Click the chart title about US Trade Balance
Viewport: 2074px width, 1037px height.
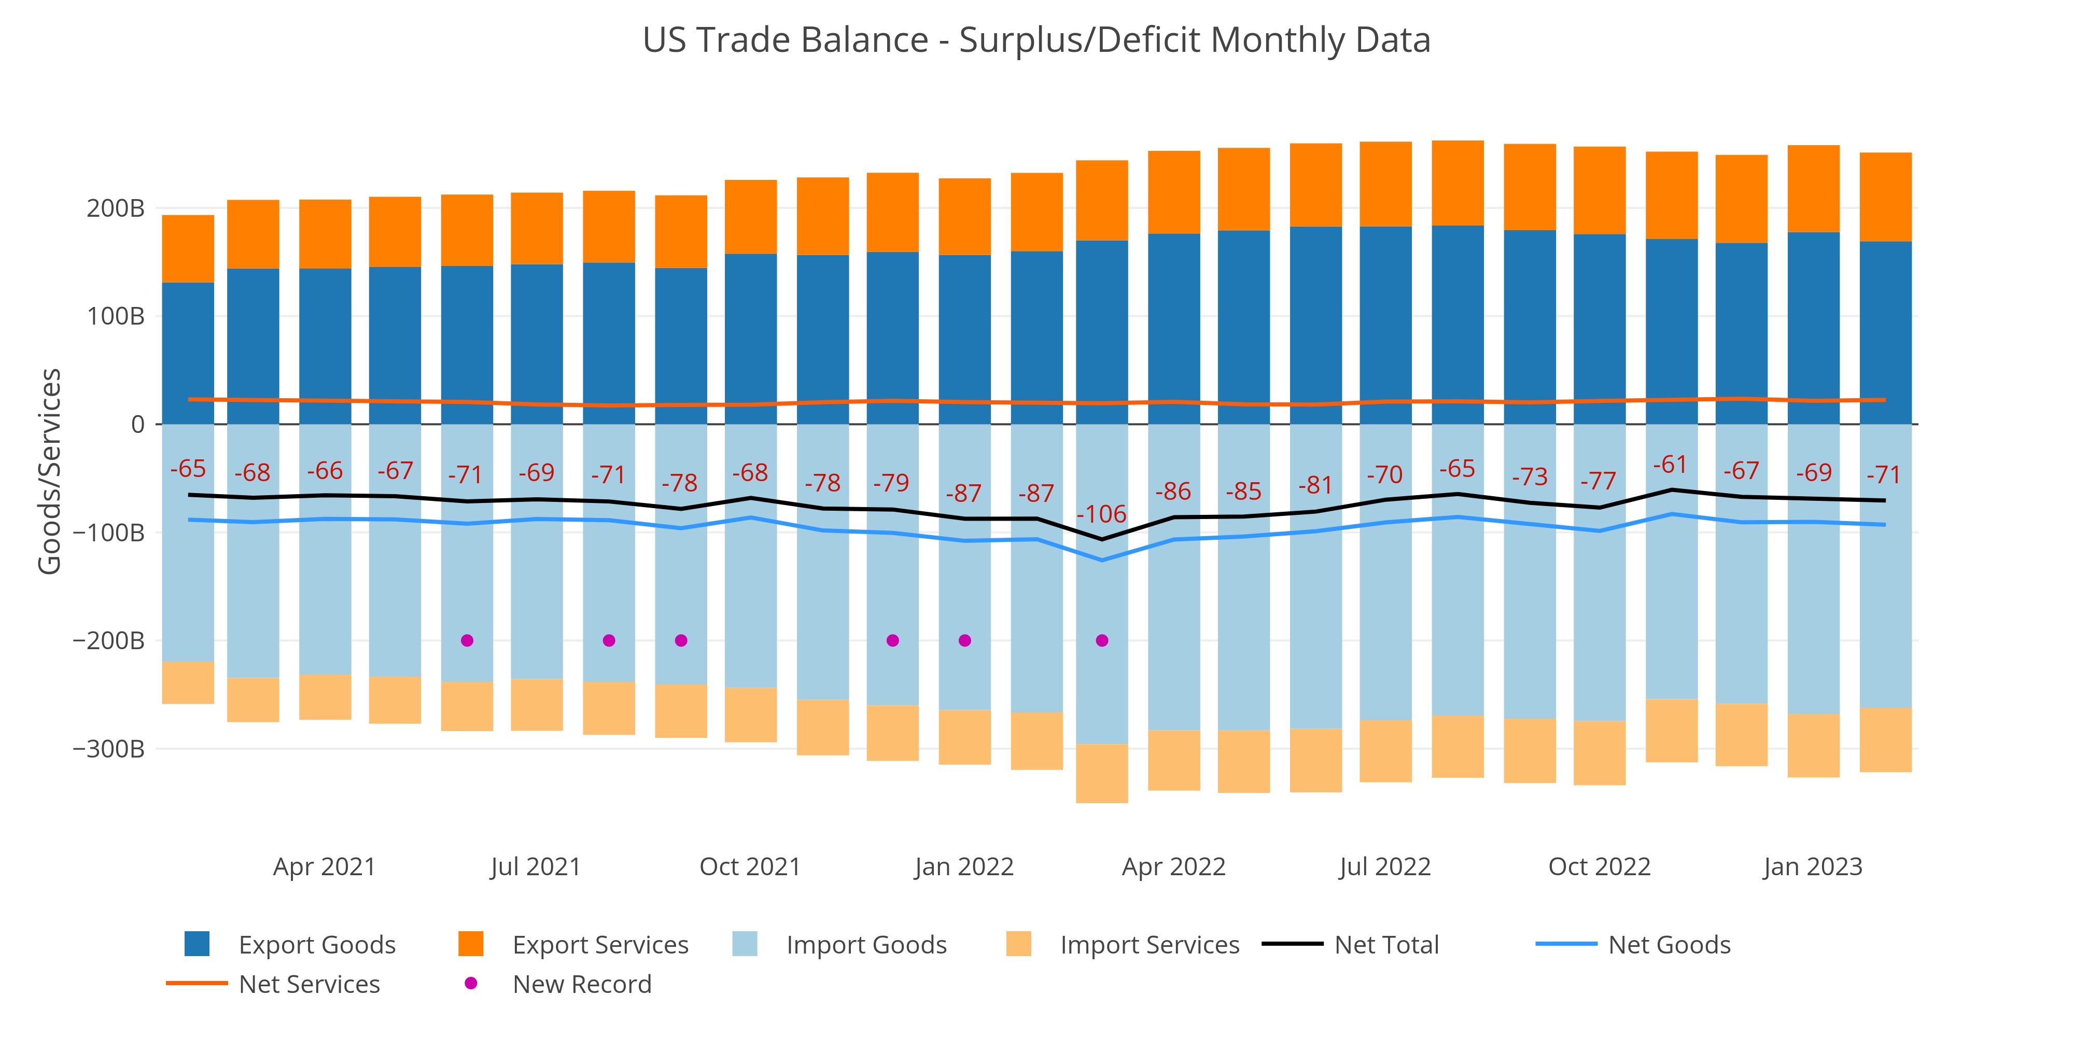click(1036, 40)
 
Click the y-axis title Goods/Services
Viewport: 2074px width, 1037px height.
click(50, 471)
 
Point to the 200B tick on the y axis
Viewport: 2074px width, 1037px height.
click(115, 208)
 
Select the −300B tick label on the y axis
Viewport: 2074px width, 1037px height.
click(109, 749)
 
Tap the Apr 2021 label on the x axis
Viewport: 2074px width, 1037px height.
click(325, 867)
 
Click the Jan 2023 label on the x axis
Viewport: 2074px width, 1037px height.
click(1812, 867)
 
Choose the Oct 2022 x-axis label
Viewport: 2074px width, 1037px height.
click(1599, 867)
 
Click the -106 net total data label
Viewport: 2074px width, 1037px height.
click(1101, 514)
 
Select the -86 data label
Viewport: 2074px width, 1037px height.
click(1173, 491)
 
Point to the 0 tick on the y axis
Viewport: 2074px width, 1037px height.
click(138, 424)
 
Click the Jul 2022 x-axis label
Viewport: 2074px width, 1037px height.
click(1385, 867)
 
